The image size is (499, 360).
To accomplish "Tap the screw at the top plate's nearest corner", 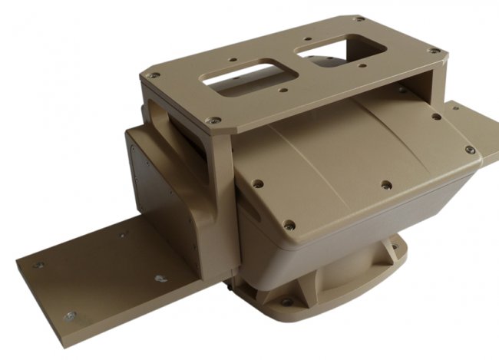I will pos(214,121).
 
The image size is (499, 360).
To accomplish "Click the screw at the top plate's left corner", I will pos(153,76).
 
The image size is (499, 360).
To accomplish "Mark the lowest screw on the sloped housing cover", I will pos(289,226).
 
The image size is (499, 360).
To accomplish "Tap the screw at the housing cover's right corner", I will pos(469,150).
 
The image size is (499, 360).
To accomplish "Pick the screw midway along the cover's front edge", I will pos(385,184).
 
